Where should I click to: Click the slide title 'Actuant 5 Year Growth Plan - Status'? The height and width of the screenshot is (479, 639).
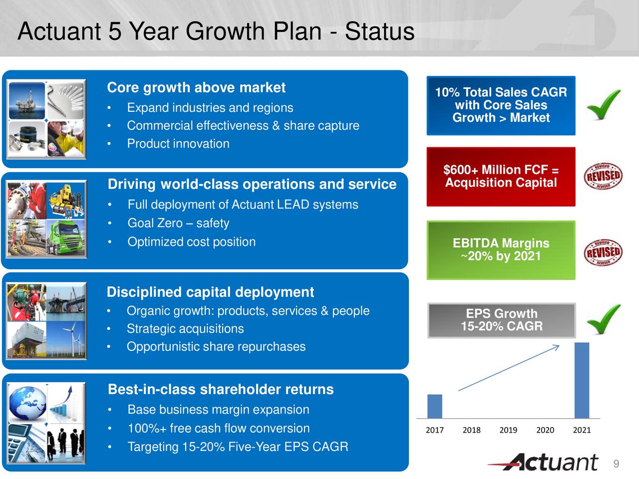[x=216, y=31]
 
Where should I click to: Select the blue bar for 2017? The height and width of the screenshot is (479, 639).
[x=434, y=406]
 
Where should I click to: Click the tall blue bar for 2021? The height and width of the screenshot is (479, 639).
[x=582, y=380]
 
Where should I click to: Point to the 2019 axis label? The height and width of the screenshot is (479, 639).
[x=508, y=430]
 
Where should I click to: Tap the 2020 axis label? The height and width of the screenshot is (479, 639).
[x=545, y=430]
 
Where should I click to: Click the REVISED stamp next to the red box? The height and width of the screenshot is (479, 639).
[x=603, y=176]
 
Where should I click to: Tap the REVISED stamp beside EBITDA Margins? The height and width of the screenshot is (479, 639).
[x=603, y=252]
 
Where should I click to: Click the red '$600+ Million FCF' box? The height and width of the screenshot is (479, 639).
[x=501, y=177]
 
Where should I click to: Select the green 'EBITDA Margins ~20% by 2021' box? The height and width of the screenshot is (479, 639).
[x=501, y=250]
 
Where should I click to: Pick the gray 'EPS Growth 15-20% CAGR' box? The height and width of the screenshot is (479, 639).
[x=501, y=320]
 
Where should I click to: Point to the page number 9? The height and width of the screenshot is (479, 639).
[x=616, y=464]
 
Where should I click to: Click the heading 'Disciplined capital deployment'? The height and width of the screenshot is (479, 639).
[x=210, y=292]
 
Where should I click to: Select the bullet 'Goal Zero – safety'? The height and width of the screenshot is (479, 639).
[x=178, y=223]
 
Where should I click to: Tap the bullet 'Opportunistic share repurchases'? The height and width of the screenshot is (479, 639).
[x=216, y=347]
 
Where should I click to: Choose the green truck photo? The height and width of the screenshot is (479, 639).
[x=66, y=239]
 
